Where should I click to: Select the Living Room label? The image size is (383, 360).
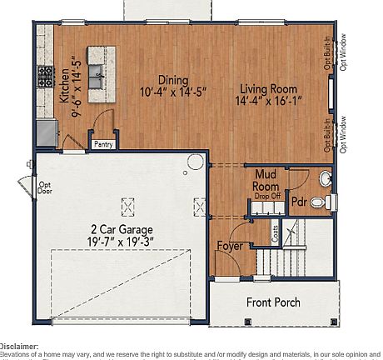point(269,88)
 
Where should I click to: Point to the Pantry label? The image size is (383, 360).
point(104,144)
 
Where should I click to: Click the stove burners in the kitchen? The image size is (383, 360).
point(44,77)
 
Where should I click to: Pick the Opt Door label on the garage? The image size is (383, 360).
point(45,187)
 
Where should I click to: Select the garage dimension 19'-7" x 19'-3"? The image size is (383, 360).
point(122,241)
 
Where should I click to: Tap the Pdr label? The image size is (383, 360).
point(298,202)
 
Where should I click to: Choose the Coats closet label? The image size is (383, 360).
point(276,232)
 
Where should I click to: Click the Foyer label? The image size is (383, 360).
point(231,246)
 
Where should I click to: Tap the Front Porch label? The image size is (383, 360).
point(273,302)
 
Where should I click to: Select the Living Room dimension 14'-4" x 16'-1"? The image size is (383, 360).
point(269,100)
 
